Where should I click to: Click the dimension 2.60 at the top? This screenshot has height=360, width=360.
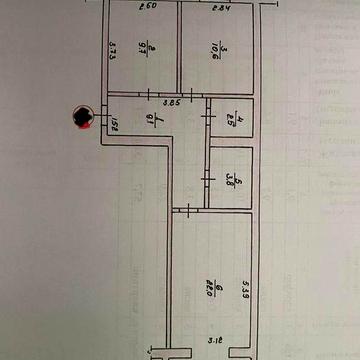coord(147,8)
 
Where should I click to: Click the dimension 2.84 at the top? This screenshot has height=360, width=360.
coord(223,8)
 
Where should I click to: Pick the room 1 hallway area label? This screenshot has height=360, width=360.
coord(150,124)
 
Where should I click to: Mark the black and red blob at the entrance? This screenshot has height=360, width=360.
coord(82,119)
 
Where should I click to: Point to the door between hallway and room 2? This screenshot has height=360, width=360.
coord(149,94)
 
